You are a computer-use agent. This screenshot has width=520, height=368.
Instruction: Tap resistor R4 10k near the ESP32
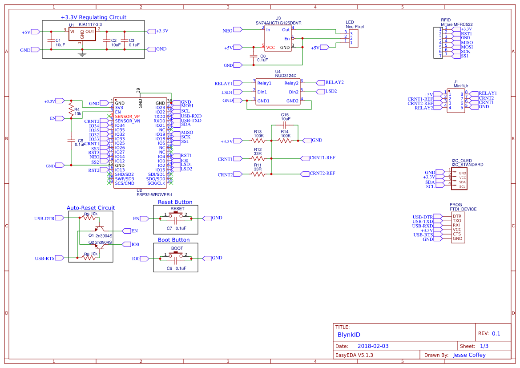[x=70, y=109]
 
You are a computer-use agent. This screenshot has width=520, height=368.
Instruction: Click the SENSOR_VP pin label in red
[x=127, y=116]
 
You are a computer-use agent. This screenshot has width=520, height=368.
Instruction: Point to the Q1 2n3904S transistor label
[x=100, y=235]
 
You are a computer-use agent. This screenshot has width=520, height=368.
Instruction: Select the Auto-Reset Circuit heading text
[x=91, y=208]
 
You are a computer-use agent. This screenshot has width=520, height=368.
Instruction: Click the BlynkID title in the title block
[x=349, y=335]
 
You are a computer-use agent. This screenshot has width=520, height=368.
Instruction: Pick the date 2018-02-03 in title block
[x=373, y=346]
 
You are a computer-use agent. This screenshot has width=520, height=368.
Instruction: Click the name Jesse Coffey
[x=469, y=355]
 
